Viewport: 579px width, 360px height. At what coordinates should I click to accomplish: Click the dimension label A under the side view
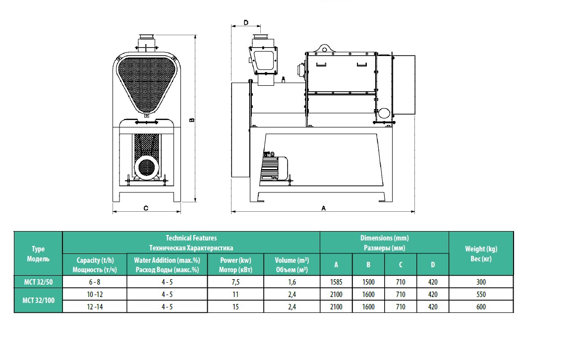(324, 208)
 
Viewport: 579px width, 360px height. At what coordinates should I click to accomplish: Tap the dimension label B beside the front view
(192, 120)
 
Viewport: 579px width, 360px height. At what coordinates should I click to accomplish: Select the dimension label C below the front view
(146, 208)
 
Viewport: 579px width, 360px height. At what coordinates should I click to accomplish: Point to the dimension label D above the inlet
(246, 22)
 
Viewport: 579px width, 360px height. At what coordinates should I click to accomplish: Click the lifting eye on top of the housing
(324, 49)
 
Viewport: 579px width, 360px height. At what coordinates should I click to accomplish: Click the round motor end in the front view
(146, 167)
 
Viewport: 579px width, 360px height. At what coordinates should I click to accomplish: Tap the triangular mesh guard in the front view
(147, 85)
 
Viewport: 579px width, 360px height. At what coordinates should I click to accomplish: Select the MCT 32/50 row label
(38, 282)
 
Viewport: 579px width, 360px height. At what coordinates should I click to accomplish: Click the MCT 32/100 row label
(38, 300)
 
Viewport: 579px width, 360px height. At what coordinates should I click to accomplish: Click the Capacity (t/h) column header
(95, 260)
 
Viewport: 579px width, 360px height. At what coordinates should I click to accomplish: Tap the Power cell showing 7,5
(235, 282)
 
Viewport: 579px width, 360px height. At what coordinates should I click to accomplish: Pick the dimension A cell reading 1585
(336, 282)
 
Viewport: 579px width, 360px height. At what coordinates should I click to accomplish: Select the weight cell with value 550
(481, 295)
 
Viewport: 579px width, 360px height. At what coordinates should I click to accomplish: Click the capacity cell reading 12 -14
(95, 307)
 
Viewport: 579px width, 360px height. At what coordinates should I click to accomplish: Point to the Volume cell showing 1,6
(291, 282)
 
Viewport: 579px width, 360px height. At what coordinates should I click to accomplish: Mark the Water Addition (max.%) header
(167, 260)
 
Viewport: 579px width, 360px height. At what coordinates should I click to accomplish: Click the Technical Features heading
(191, 238)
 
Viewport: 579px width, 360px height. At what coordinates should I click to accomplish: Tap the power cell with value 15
(235, 307)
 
